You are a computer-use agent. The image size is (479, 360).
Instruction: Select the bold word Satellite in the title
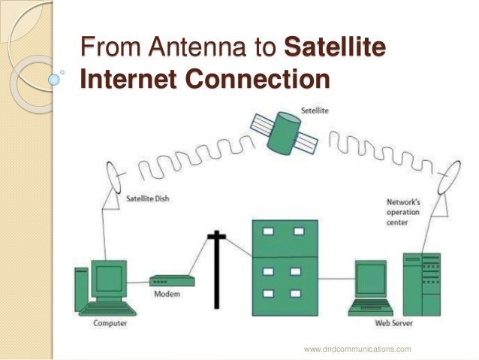click(335, 49)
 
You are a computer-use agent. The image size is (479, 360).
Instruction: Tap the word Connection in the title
click(259, 79)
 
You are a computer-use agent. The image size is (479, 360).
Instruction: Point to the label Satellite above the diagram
click(314, 110)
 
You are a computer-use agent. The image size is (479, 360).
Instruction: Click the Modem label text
click(166, 294)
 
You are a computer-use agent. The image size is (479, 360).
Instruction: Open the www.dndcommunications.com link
click(357, 349)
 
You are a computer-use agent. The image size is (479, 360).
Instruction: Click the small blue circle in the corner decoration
click(53, 77)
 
